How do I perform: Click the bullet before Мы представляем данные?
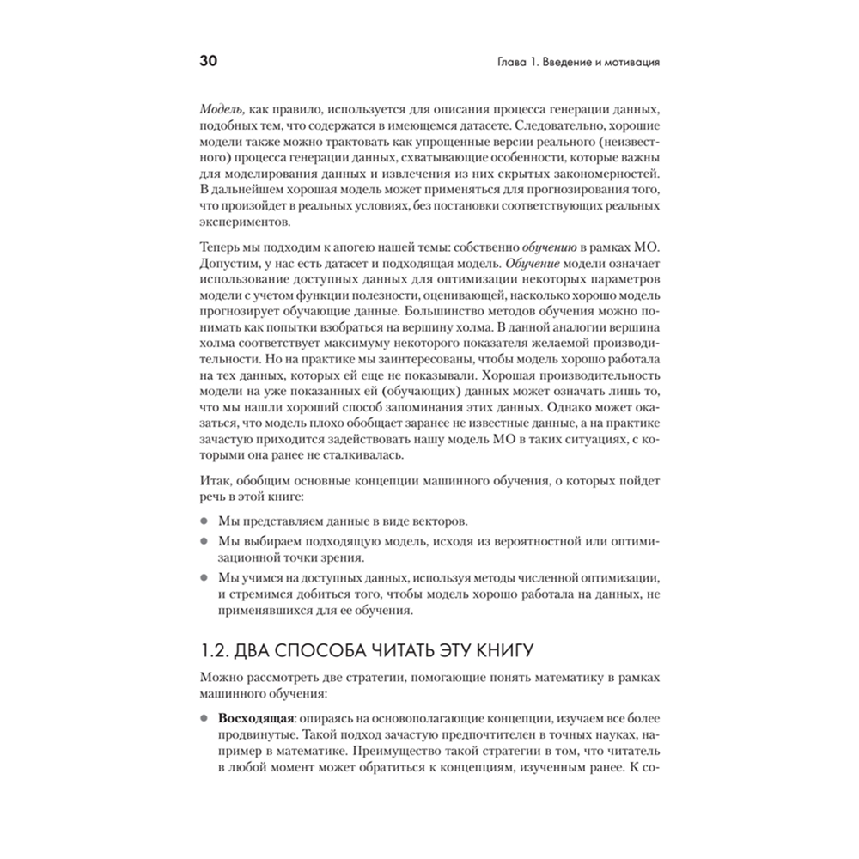click(204, 521)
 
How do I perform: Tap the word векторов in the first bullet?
click(437, 521)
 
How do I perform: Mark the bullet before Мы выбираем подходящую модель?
click(204, 541)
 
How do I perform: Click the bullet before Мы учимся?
click(204, 581)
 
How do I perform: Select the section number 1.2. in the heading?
click(216, 645)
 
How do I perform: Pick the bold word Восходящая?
click(254, 717)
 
